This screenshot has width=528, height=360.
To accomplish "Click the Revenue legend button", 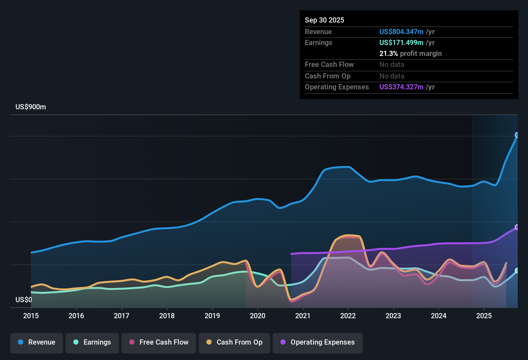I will (37, 342).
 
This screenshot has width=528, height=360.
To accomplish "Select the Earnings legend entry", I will (92, 342).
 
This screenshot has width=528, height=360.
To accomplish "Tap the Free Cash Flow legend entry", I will (159, 342).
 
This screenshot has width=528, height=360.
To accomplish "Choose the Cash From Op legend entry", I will (234, 342).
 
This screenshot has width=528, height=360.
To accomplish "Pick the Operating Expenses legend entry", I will (318, 342).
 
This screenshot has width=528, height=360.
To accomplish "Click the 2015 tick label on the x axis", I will (31, 316).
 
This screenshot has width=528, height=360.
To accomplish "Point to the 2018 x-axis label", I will (167, 316).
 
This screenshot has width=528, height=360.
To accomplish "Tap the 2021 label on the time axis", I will (303, 316).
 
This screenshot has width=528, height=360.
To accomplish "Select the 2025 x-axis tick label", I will (484, 316).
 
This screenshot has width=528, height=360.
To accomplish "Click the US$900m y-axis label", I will (31, 107).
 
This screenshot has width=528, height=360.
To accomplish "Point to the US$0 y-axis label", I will (24, 300).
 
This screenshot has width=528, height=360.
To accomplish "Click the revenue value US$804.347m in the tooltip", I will (401, 32).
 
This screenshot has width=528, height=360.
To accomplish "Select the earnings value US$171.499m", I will (401, 43).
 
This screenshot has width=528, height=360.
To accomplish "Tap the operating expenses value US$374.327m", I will (401, 87).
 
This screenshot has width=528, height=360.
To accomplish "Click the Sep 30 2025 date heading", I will (324, 20).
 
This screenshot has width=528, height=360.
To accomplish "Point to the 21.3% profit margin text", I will (410, 54).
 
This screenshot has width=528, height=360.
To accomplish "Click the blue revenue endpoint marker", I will (517, 135).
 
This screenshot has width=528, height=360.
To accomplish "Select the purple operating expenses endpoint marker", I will (517, 227).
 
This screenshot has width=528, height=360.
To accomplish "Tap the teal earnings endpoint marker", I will (517, 271).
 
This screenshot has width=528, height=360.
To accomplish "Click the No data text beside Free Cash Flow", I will (392, 65).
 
